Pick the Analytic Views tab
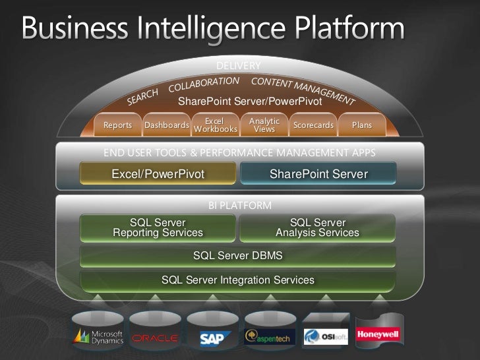point(264,125)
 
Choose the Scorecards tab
point(313,125)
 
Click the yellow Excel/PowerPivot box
point(158,174)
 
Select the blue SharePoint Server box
point(318,174)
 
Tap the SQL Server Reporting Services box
point(158,227)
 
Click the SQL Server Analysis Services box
point(318,227)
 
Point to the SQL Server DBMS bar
point(237,255)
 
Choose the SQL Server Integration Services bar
point(237,280)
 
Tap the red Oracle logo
point(155,338)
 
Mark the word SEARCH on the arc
point(143,97)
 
